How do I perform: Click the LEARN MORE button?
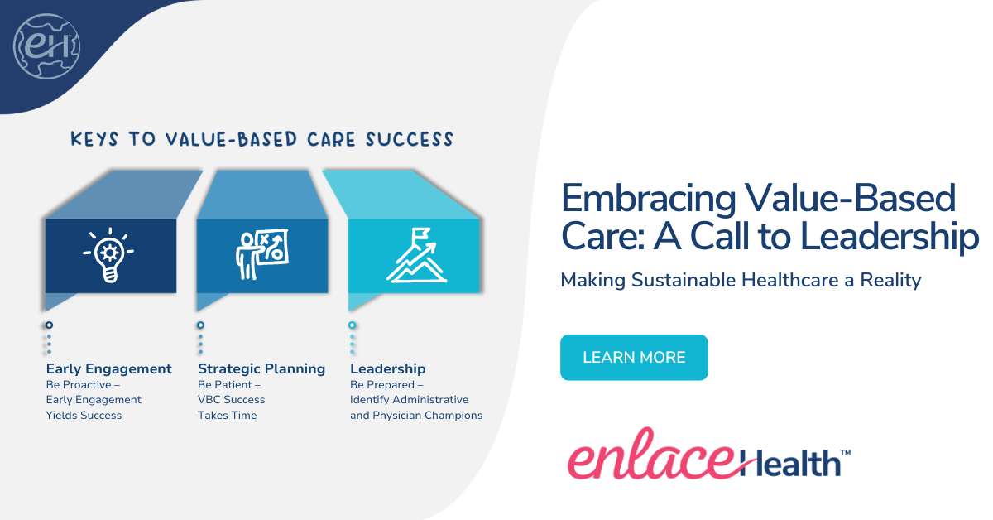(x=634, y=358)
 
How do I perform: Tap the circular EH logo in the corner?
(x=46, y=46)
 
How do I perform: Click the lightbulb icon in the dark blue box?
(x=109, y=255)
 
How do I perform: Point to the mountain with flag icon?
(x=416, y=254)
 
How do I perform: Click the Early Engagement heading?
(x=109, y=368)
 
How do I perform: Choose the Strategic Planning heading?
(x=261, y=368)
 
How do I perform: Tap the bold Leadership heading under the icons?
(x=388, y=368)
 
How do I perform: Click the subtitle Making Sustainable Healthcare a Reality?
(x=741, y=280)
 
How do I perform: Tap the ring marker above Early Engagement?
(x=50, y=325)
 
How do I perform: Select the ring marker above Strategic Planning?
(x=201, y=325)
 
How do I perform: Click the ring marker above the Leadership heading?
(x=353, y=325)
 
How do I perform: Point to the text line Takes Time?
(x=228, y=416)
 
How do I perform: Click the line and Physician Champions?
(x=416, y=416)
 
